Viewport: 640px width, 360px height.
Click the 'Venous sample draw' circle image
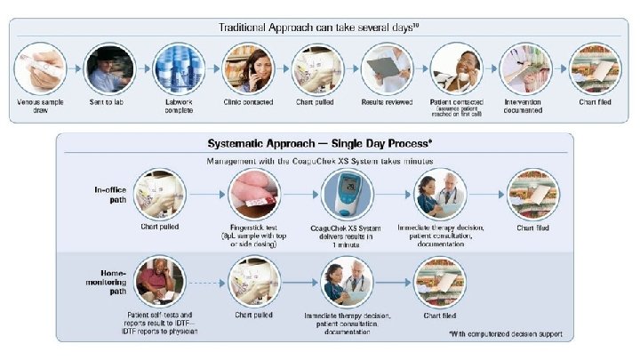(x=38, y=68)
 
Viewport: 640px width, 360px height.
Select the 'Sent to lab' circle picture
(x=108, y=68)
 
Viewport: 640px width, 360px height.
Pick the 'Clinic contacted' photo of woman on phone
(x=248, y=68)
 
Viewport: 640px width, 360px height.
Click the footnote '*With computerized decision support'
(x=506, y=334)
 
